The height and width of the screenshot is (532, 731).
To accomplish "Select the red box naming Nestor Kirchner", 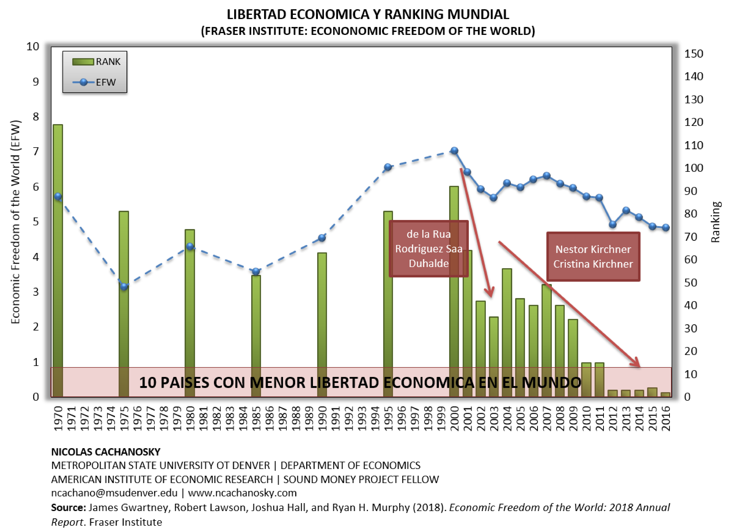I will pos(593,257).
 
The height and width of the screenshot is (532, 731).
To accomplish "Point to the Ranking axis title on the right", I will pos(715,222).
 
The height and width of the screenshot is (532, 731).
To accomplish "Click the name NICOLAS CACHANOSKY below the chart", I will pos(106,452).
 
